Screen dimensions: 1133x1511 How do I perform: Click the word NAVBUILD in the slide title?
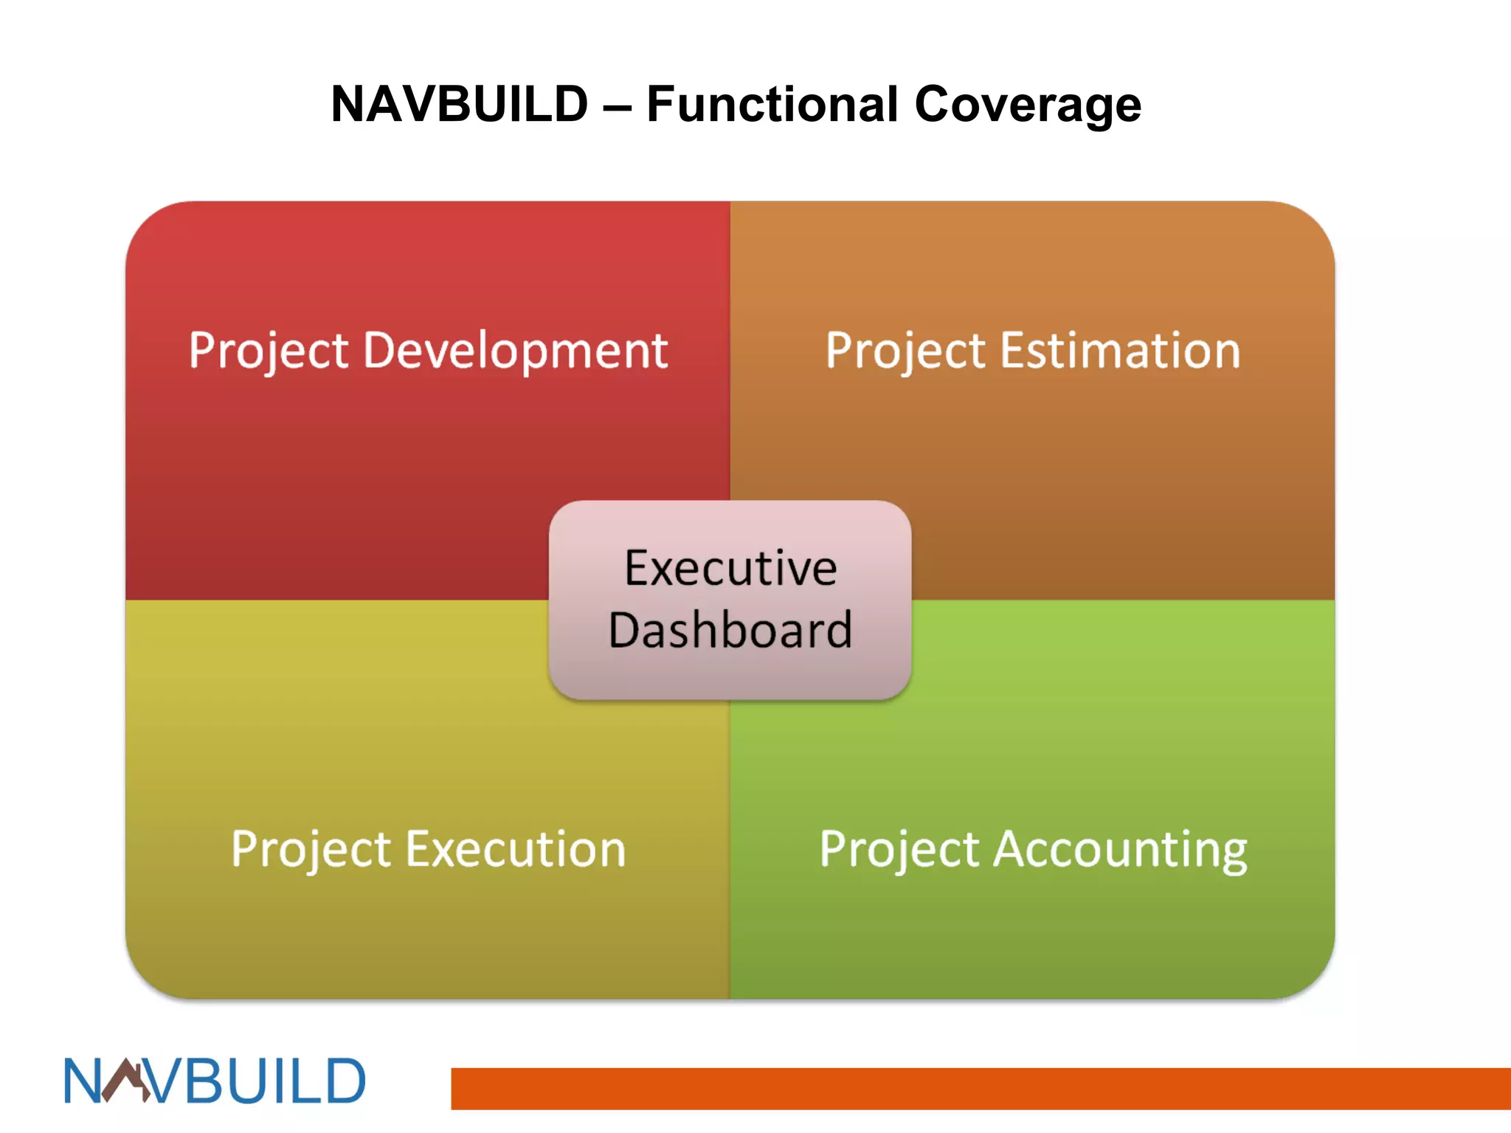[459, 104]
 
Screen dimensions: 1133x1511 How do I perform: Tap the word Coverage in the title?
[1028, 104]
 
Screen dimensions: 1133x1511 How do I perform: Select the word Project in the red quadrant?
[269, 351]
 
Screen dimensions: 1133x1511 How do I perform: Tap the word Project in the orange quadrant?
[905, 351]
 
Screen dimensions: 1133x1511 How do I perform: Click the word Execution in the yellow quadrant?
[516, 849]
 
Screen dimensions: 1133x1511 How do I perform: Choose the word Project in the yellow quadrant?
[311, 850]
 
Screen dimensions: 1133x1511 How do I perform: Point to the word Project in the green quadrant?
[899, 850]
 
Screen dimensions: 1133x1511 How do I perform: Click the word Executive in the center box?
[730, 568]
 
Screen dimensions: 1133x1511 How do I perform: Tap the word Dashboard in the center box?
[730, 630]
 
